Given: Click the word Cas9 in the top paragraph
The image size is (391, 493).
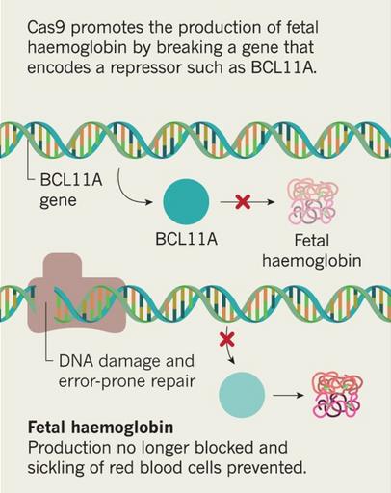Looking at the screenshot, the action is click(47, 28).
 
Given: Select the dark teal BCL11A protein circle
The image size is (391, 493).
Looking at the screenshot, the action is click(186, 202).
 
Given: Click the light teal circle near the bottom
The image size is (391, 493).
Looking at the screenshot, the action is click(242, 395).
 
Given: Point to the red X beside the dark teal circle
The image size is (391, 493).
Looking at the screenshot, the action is click(243, 202).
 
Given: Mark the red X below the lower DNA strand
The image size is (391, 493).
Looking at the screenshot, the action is click(227, 339).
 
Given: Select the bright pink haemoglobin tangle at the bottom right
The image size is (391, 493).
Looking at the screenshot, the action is click(337, 395).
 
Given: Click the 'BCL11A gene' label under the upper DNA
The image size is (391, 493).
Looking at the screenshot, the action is click(71, 190).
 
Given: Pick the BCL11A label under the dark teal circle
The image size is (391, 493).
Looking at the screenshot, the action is click(186, 240).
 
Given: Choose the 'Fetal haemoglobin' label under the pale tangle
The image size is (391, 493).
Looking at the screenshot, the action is click(312, 251).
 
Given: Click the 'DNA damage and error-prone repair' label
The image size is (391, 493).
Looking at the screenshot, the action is click(127, 371).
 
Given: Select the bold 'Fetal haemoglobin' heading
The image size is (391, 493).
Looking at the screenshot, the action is click(101, 428).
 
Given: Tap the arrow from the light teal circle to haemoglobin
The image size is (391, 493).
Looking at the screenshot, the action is click(288, 395).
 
